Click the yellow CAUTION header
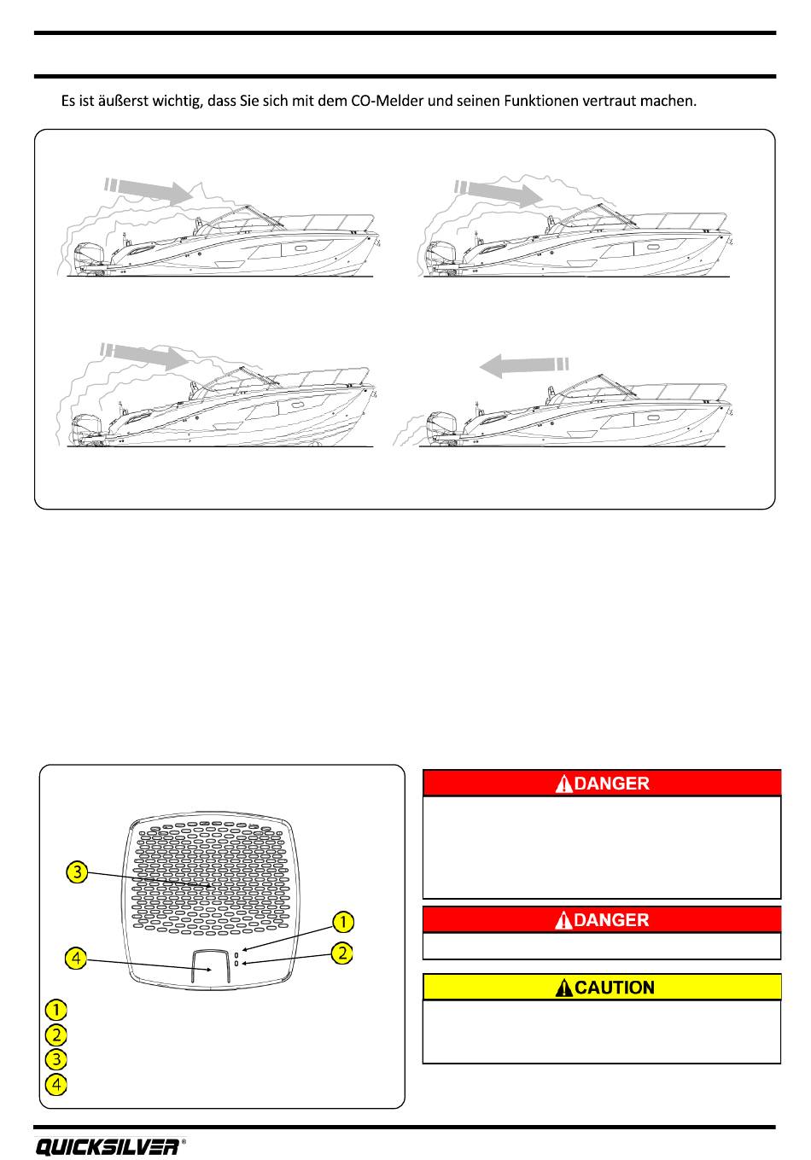click(x=603, y=988)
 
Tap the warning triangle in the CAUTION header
click(x=563, y=988)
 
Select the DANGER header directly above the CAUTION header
click(x=603, y=919)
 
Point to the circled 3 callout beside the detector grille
click(x=78, y=872)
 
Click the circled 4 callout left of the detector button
click(x=78, y=958)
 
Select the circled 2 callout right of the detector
click(x=342, y=953)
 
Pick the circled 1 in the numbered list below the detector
click(x=56, y=1010)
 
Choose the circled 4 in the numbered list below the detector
click(x=56, y=1085)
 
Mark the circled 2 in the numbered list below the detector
click(x=56, y=1035)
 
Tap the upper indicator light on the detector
click(x=236, y=952)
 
